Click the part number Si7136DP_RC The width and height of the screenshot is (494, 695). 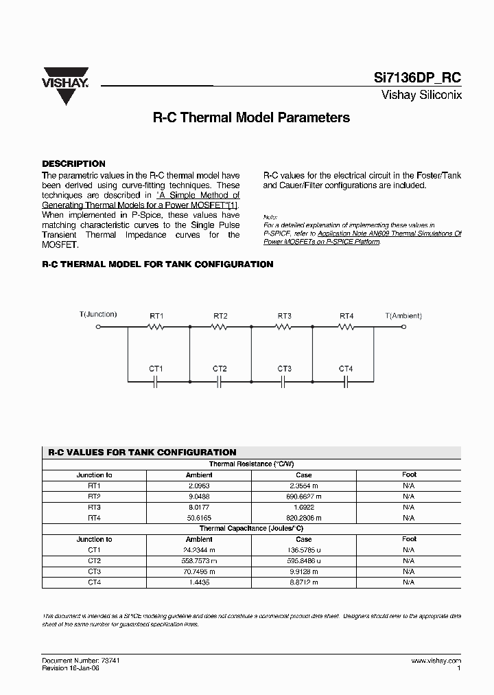[421, 79]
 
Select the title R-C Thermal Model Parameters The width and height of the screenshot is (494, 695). [250, 117]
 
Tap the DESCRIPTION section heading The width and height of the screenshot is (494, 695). [74, 164]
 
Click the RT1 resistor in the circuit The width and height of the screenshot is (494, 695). [157, 328]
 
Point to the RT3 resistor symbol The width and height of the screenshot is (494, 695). [284, 328]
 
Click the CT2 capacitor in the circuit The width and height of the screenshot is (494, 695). [220, 380]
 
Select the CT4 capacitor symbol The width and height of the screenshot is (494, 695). [346, 380]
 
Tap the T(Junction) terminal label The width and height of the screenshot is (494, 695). [98, 315]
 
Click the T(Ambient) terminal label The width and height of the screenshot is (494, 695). [403, 316]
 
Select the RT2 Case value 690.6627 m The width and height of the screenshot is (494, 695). [303, 496]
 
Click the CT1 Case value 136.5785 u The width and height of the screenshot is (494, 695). [303, 550]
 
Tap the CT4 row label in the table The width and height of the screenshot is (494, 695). [94, 582]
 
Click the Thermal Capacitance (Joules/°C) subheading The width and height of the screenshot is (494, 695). [251, 529]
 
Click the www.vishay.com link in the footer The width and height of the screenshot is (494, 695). [436, 659]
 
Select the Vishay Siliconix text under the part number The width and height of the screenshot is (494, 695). [421, 95]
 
